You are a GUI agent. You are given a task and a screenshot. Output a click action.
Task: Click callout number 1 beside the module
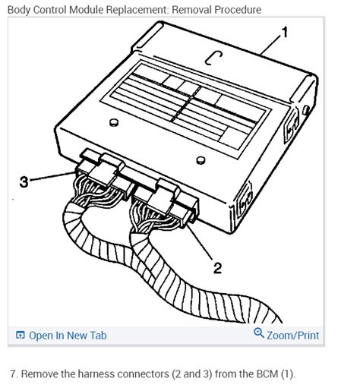click(285, 32)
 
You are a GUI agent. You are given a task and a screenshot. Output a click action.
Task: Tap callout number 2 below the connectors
click(217, 268)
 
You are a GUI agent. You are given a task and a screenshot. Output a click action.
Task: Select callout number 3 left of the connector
click(24, 181)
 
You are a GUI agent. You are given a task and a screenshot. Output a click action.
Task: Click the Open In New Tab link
click(68, 336)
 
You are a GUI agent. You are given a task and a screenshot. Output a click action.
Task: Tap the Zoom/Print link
click(293, 336)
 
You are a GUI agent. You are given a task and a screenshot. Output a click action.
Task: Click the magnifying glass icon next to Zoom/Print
click(259, 333)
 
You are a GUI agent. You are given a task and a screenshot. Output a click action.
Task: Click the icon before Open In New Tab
click(21, 335)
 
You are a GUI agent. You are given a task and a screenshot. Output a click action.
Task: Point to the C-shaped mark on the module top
click(213, 58)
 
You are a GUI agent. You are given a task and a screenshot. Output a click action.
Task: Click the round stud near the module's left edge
click(114, 122)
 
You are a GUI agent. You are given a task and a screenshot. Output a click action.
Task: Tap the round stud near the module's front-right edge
click(201, 160)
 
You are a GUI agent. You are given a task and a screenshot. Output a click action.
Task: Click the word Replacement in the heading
click(137, 11)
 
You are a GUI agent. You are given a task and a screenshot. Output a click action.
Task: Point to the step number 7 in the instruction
click(14, 374)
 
